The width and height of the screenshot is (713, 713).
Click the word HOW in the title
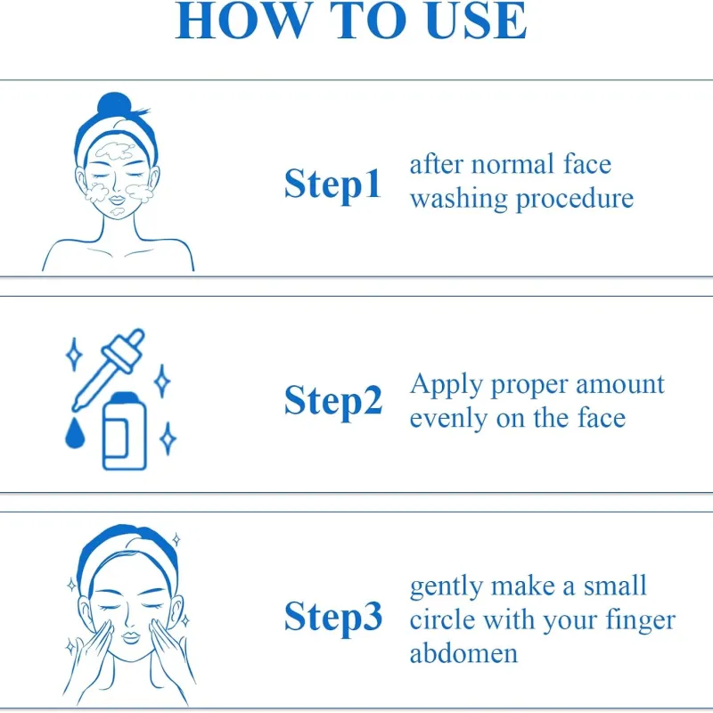[x=242, y=20]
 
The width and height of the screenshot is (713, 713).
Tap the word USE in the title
[x=477, y=20]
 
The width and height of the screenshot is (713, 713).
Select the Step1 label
[x=332, y=184]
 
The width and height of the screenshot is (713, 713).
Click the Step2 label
[x=333, y=401]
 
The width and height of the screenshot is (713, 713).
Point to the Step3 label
[x=333, y=618]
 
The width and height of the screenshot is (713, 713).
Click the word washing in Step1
[x=459, y=199]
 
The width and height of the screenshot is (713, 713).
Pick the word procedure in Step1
[x=575, y=199]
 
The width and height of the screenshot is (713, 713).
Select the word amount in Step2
[x=620, y=385]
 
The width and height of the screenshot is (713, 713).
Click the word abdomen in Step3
[x=463, y=653]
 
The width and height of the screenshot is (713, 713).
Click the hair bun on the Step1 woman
[x=114, y=105]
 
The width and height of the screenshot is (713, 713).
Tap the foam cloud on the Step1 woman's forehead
[x=116, y=151]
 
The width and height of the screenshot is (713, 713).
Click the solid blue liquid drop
[x=75, y=433]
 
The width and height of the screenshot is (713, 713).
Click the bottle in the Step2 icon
[x=125, y=430]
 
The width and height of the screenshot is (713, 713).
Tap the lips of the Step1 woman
[x=117, y=200]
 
